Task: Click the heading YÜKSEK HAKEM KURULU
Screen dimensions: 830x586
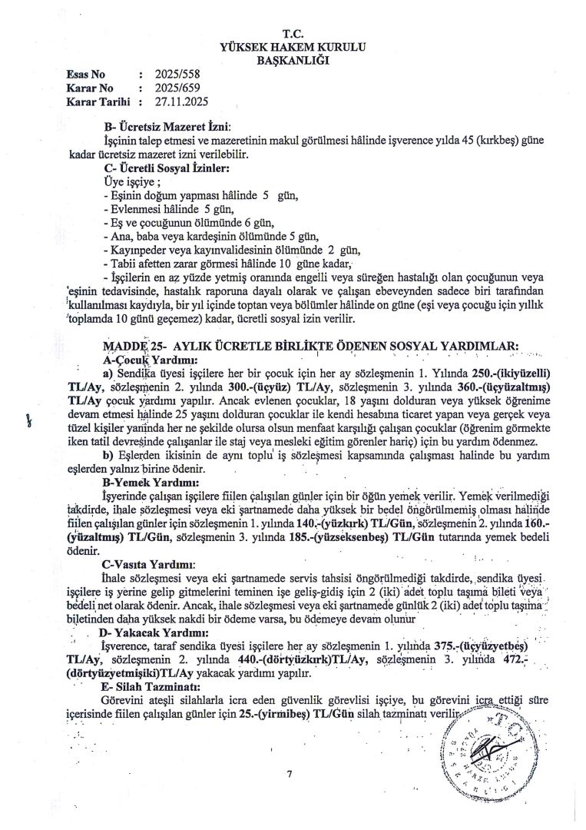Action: pyautogui.click(x=293, y=47)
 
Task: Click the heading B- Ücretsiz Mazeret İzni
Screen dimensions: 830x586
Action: pyautogui.click(x=167, y=127)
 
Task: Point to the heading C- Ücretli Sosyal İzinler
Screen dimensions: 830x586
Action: pyautogui.click(x=165, y=167)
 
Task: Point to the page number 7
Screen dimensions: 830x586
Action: pyautogui.click(x=290, y=774)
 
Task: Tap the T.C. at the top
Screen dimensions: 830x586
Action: pyautogui.click(x=293, y=34)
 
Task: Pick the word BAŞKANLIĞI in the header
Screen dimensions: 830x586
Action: pyautogui.click(x=293, y=60)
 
